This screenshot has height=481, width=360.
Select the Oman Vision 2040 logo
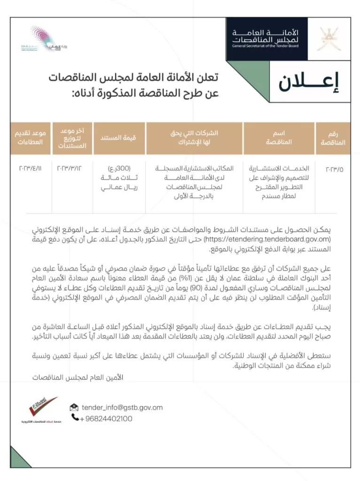click(x=45, y=39)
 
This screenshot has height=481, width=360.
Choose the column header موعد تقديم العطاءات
click(x=30, y=137)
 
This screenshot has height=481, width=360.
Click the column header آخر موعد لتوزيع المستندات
click(x=71, y=138)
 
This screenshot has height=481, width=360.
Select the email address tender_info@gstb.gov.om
click(x=122, y=407)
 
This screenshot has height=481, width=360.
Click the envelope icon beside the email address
click(x=74, y=407)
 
